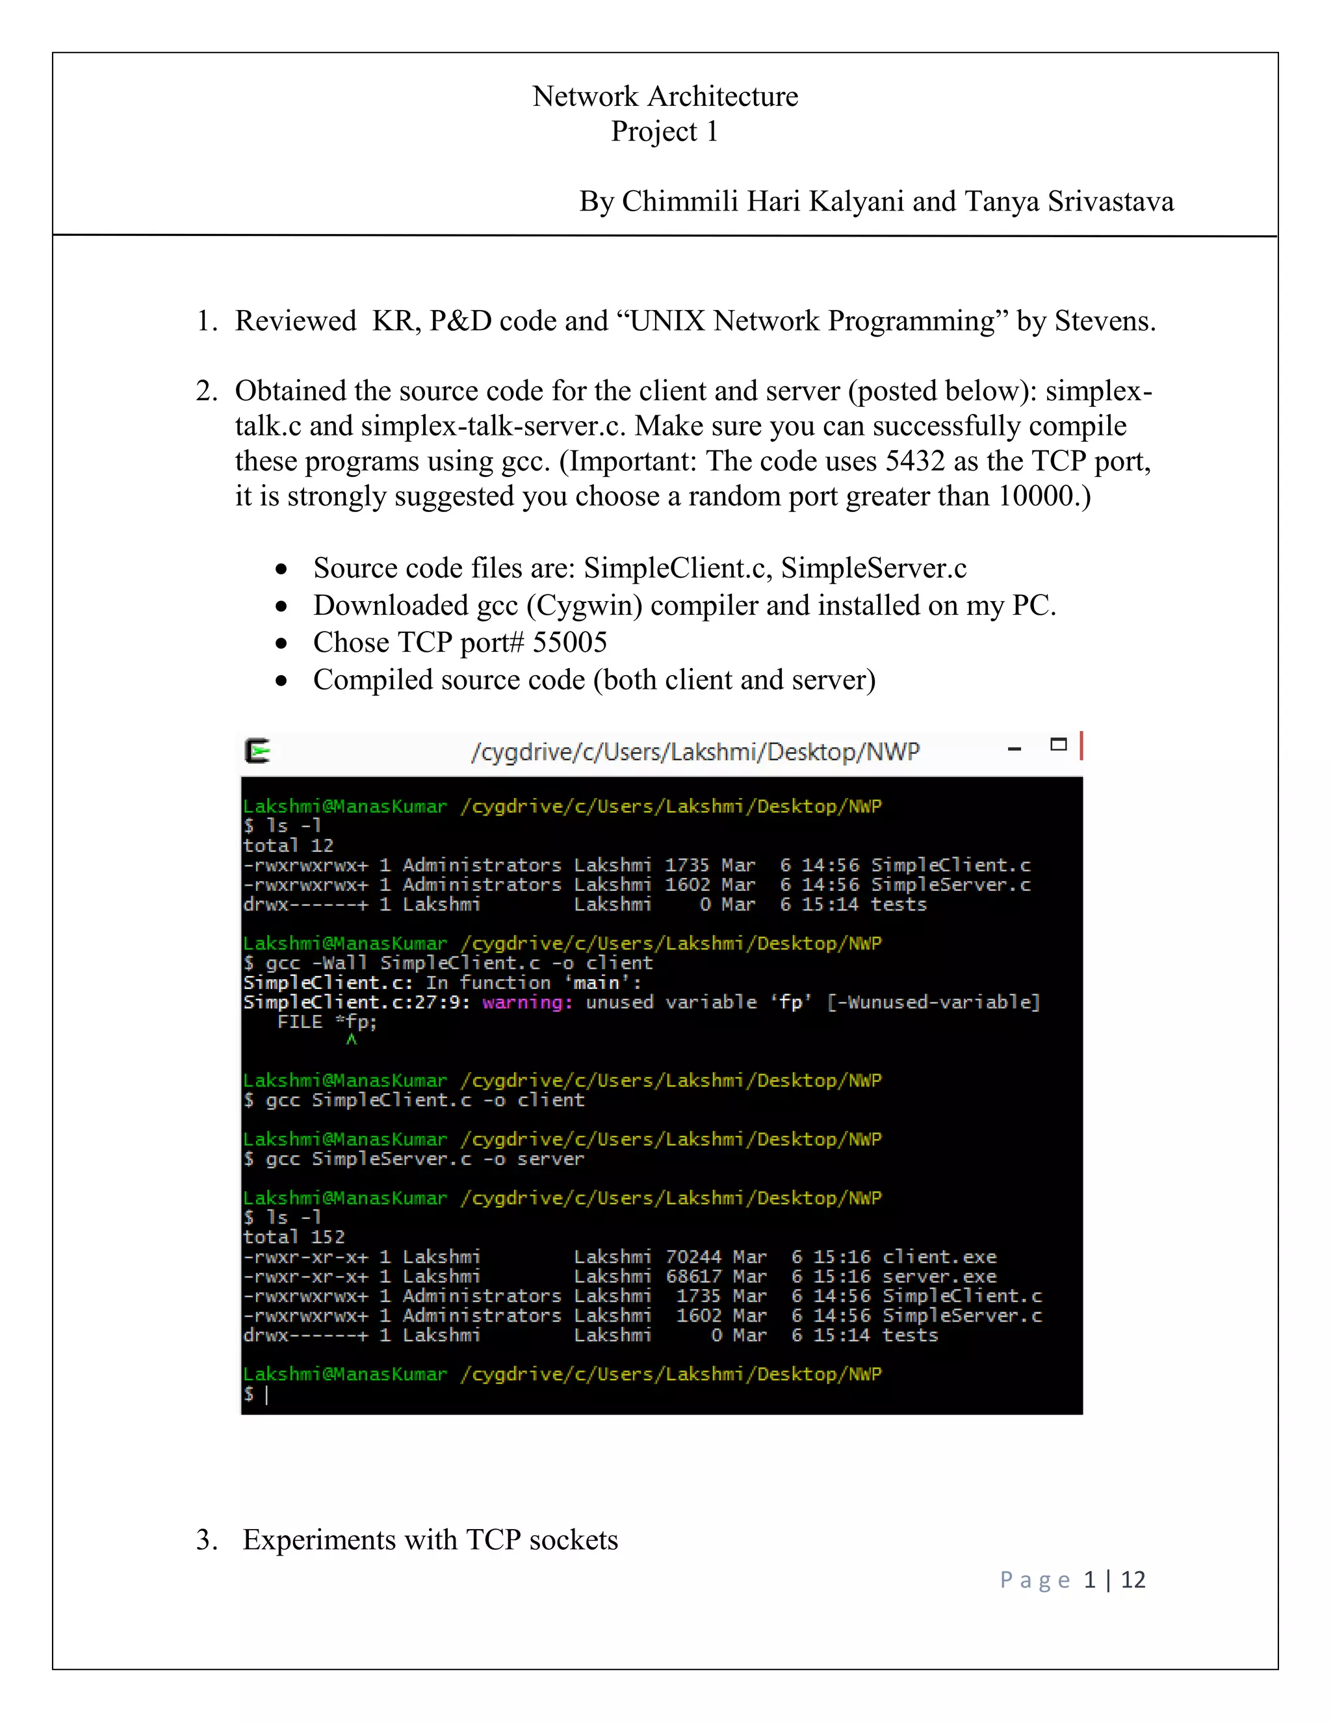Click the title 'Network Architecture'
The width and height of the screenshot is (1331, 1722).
pyautogui.click(x=665, y=96)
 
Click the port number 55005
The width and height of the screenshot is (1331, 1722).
pyautogui.click(x=569, y=643)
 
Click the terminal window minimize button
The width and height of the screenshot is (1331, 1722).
pyautogui.click(x=1014, y=749)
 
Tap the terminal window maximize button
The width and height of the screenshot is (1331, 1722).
pyautogui.click(x=1058, y=744)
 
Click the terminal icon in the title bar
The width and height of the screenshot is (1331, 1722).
pyautogui.click(x=258, y=751)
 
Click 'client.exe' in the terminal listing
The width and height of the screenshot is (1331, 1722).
pyautogui.click(x=939, y=1257)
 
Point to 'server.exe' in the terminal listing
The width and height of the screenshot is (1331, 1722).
pyautogui.click(x=939, y=1276)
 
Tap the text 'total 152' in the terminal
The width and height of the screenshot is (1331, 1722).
pyautogui.click(x=294, y=1237)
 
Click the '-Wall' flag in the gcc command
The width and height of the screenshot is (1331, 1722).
pyautogui.click(x=344, y=964)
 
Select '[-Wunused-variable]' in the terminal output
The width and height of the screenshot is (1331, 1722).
pyautogui.click(x=934, y=1002)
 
